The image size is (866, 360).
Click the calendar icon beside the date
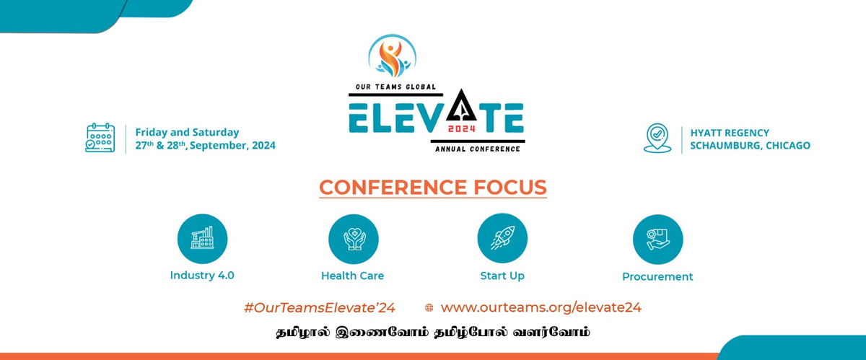click(x=100, y=138)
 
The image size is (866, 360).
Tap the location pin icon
click(x=657, y=138)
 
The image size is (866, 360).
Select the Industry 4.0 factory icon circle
click(x=202, y=239)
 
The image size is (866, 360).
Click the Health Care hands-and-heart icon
click(x=354, y=240)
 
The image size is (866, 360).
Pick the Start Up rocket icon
click(x=502, y=238)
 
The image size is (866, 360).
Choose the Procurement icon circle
click(x=657, y=240)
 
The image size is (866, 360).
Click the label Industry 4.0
click(x=202, y=276)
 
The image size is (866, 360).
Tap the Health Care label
click(x=353, y=276)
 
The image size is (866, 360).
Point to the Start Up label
click(x=502, y=276)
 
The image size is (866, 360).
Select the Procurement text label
click(x=657, y=277)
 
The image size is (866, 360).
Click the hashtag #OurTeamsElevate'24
click(x=319, y=308)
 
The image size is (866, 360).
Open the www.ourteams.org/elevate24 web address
click(x=541, y=307)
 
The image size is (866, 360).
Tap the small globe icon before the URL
click(x=429, y=308)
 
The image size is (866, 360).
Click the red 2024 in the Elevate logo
click(x=462, y=128)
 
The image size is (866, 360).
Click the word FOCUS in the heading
click(x=510, y=188)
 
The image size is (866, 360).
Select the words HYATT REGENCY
click(x=730, y=133)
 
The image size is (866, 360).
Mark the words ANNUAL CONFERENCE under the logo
click(x=478, y=149)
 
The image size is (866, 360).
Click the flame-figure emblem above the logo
click(x=393, y=56)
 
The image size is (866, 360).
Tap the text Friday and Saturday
click(x=187, y=133)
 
